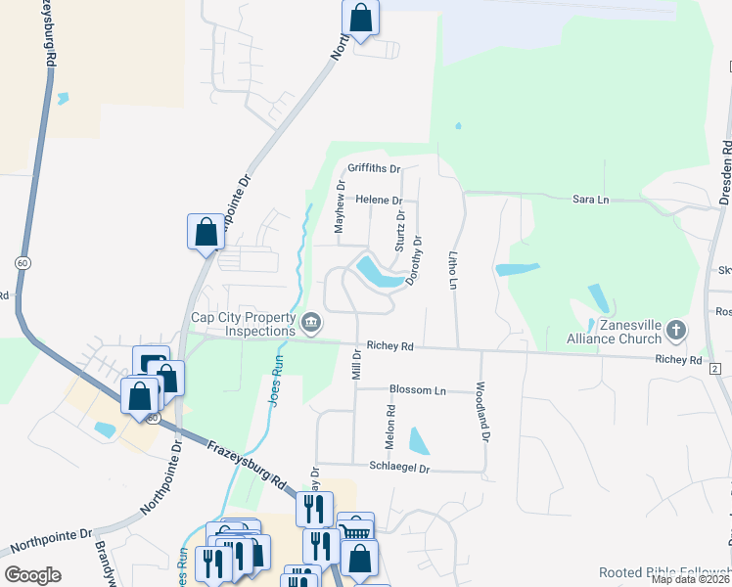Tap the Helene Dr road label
(x=379, y=200)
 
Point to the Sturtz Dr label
(x=400, y=230)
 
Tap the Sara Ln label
(x=590, y=200)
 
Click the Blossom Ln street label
(x=417, y=390)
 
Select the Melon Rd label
(x=389, y=428)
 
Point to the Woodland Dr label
(x=482, y=409)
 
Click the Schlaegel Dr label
(x=400, y=468)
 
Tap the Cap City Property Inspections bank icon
(x=310, y=321)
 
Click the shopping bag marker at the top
(x=360, y=17)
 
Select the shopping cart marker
(x=355, y=529)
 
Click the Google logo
(x=32, y=575)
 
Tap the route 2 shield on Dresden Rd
(x=715, y=368)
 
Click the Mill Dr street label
(x=356, y=366)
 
